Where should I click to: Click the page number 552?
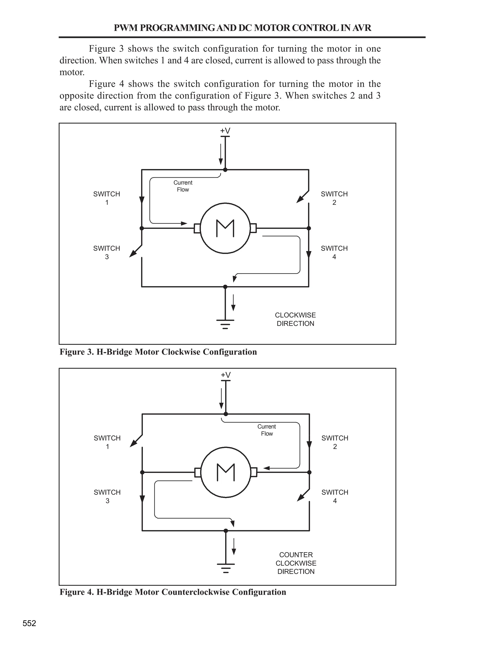29,623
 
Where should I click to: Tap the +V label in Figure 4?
226,375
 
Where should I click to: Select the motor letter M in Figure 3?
225,228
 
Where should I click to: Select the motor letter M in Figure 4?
226,472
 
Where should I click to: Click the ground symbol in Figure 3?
225,324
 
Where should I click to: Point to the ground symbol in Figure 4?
226,568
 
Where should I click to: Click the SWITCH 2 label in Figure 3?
334,198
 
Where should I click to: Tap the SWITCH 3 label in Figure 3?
107,252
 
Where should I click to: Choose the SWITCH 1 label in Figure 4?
107,442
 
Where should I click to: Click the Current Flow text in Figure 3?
183,186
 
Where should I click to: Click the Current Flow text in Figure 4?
267,430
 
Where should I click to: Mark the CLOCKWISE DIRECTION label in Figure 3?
295,319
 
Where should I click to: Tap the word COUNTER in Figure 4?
296,555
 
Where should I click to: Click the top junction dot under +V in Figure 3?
225,170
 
